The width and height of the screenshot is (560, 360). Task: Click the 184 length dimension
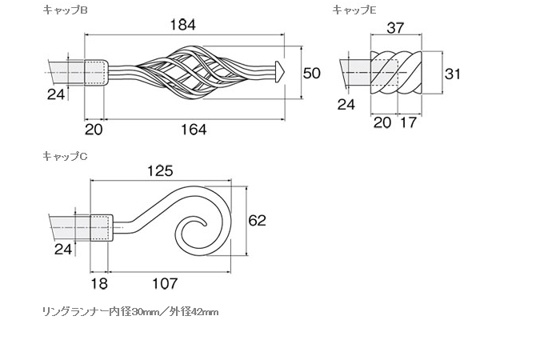[x=182, y=25]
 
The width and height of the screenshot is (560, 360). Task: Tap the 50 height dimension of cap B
[x=312, y=74]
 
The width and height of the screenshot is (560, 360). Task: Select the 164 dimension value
[x=194, y=130]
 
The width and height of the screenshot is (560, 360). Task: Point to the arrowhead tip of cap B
[x=285, y=73]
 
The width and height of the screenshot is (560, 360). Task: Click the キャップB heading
[x=65, y=10]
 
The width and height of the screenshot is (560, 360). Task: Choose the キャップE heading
[x=354, y=10]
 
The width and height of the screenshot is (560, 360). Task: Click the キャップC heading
[x=65, y=156]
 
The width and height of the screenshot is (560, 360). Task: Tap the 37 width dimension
[x=395, y=28]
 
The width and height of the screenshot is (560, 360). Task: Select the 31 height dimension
[x=453, y=74]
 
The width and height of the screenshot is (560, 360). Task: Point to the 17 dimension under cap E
[x=408, y=122]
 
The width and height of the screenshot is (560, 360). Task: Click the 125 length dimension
[x=160, y=171]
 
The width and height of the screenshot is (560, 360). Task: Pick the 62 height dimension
[x=257, y=220]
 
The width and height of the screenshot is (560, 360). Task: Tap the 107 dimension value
[x=165, y=283]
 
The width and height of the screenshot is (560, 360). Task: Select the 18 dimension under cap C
[x=99, y=283]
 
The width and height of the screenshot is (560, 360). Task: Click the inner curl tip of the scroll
[x=205, y=225]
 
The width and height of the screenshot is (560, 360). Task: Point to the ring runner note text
[x=130, y=312]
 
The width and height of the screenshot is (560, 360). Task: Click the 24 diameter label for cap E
[x=346, y=105]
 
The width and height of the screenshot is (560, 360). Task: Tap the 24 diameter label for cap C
[x=63, y=249]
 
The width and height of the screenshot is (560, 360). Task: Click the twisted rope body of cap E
[x=397, y=73]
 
